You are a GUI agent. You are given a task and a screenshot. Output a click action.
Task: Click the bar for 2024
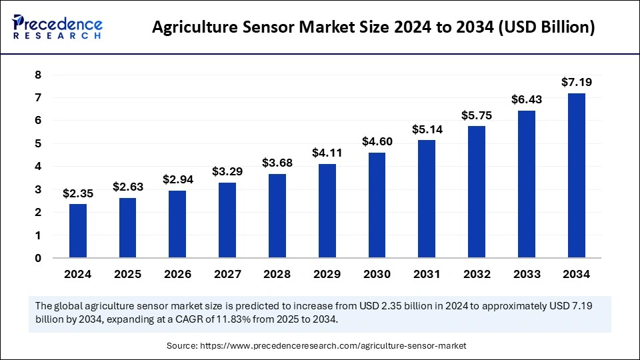point(78,231)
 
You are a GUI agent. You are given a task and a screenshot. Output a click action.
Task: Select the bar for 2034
point(576,175)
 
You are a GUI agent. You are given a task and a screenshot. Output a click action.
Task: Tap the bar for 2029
point(327,211)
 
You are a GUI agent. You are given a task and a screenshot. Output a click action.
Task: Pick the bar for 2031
point(427,199)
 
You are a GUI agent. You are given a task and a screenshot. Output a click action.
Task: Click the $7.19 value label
point(576,83)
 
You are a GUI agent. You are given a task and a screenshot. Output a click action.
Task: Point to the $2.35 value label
point(78,193)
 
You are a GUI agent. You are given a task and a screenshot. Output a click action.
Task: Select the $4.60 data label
point(377,141)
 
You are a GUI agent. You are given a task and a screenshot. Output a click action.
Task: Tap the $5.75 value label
point(477,115)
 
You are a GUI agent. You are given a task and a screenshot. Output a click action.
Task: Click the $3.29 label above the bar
point(227,171)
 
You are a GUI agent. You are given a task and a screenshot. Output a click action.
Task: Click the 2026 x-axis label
point(177,274)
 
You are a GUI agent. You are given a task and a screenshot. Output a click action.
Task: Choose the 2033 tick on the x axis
point(526,274)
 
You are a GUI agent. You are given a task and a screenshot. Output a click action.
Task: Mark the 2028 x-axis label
point(277,274)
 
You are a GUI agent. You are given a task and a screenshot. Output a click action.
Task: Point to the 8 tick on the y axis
point(38,75)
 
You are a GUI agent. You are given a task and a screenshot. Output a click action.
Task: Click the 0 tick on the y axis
point(38,258)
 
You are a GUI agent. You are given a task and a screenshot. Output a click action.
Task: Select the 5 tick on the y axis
point(38,143)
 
